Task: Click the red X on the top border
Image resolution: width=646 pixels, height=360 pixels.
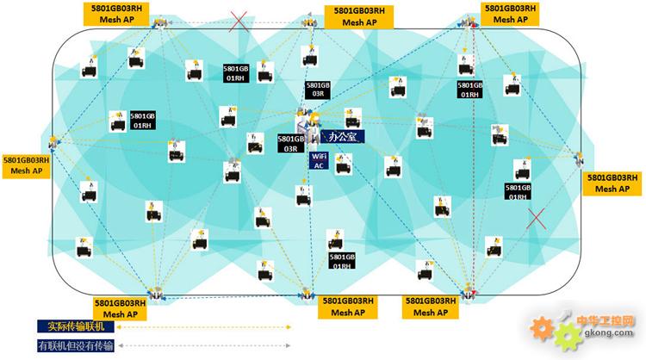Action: coord(239,22)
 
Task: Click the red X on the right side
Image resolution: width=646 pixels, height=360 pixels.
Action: coord(537,217)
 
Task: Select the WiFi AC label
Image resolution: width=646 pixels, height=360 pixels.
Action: coord(319,161)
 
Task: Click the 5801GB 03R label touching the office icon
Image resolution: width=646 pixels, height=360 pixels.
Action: coord(290,143)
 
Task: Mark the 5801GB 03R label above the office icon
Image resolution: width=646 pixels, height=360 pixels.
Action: coord(318,90)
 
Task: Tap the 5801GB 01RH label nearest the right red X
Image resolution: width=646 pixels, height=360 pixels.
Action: coord(519,192)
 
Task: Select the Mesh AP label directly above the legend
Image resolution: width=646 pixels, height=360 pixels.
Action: coord(126,308)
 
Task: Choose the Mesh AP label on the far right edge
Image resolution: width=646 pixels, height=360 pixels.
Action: coord(612,183)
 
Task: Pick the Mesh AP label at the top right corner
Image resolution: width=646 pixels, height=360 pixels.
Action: coord(510,13)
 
